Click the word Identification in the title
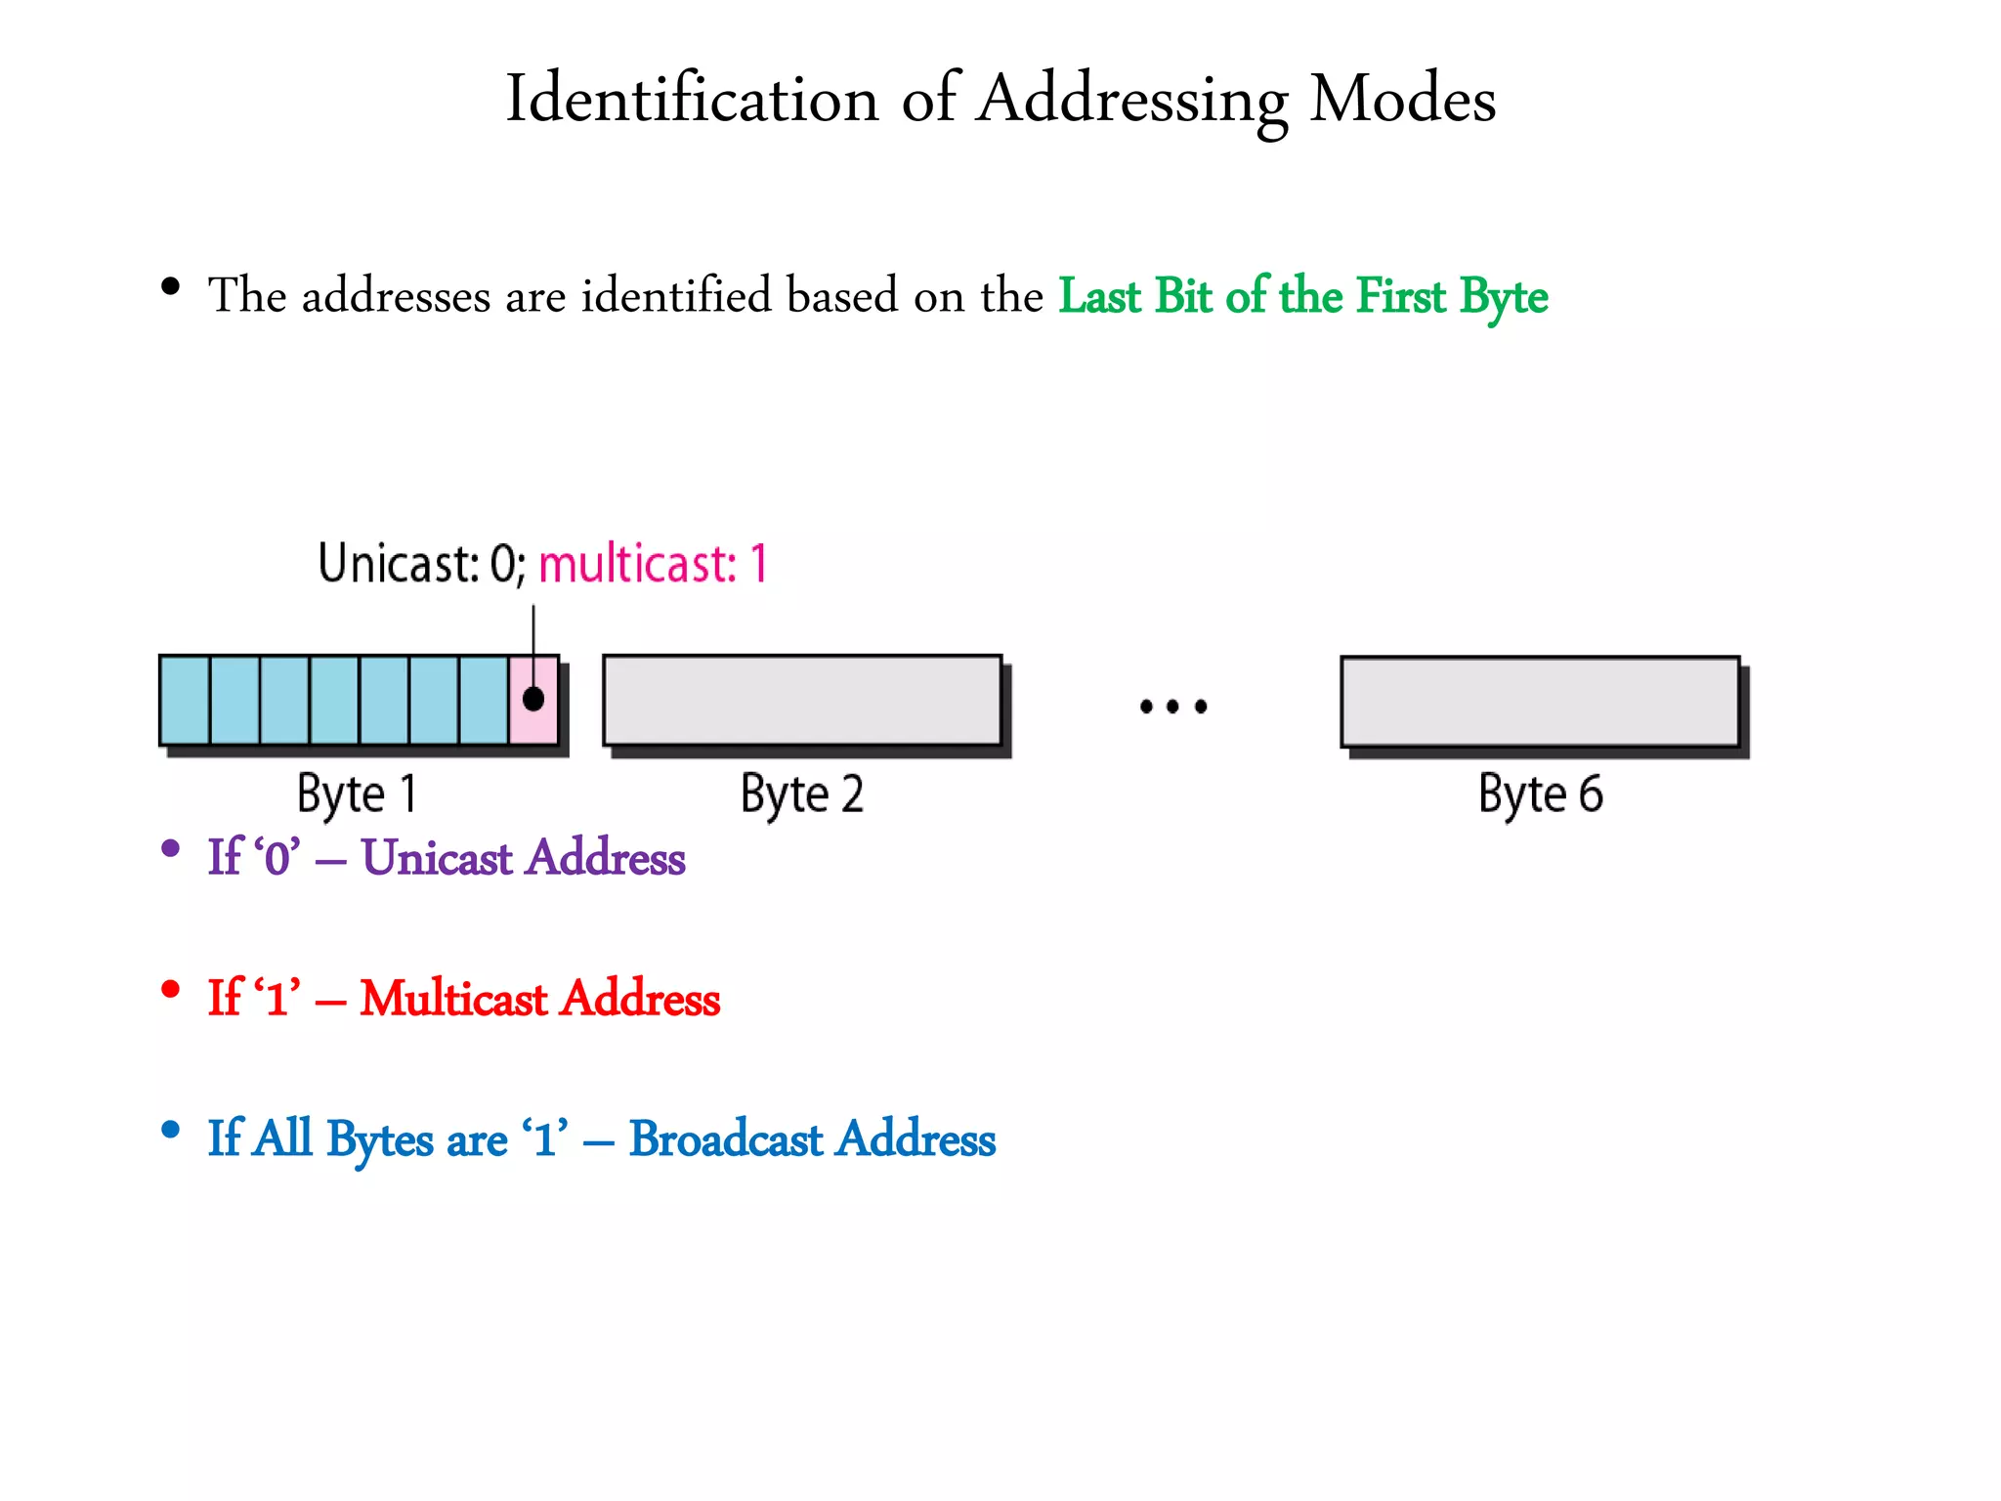pyautogui.click(x=692, y=99)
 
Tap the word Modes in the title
pyautogui.click(x=1402, y=99)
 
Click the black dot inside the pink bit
pyautogui.click(x=533, y=700)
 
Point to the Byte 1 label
pyautogui.click(x=358, y=793)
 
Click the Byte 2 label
pyautogui.click(x=802, y=793)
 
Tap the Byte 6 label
pyautogui.click(x=1540, y=793)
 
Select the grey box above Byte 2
pyautogui.click(x=802, y=700)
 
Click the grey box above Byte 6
pyautogui.click(x=1540, y=701)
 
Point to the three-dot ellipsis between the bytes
pyautogui.click(x=1173, y=706)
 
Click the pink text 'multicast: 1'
pyautogui.click(x=653, y=564)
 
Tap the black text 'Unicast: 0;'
pyautogui.click(x=422, y=564)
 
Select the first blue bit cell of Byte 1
pyautogui.click(x=185, y=700)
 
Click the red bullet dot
pyautogui.click(x=171, y=989)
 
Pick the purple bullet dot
pyautogui.click(x=171, y=848)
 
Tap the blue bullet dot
pyautogui.click(x=171, y=1130)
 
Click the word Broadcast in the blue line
pyautogui.click(x=726, y=1138)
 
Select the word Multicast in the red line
pyautogui.click(x=454, y=998)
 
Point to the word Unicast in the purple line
pyautogui.click(x=437, y=857)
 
